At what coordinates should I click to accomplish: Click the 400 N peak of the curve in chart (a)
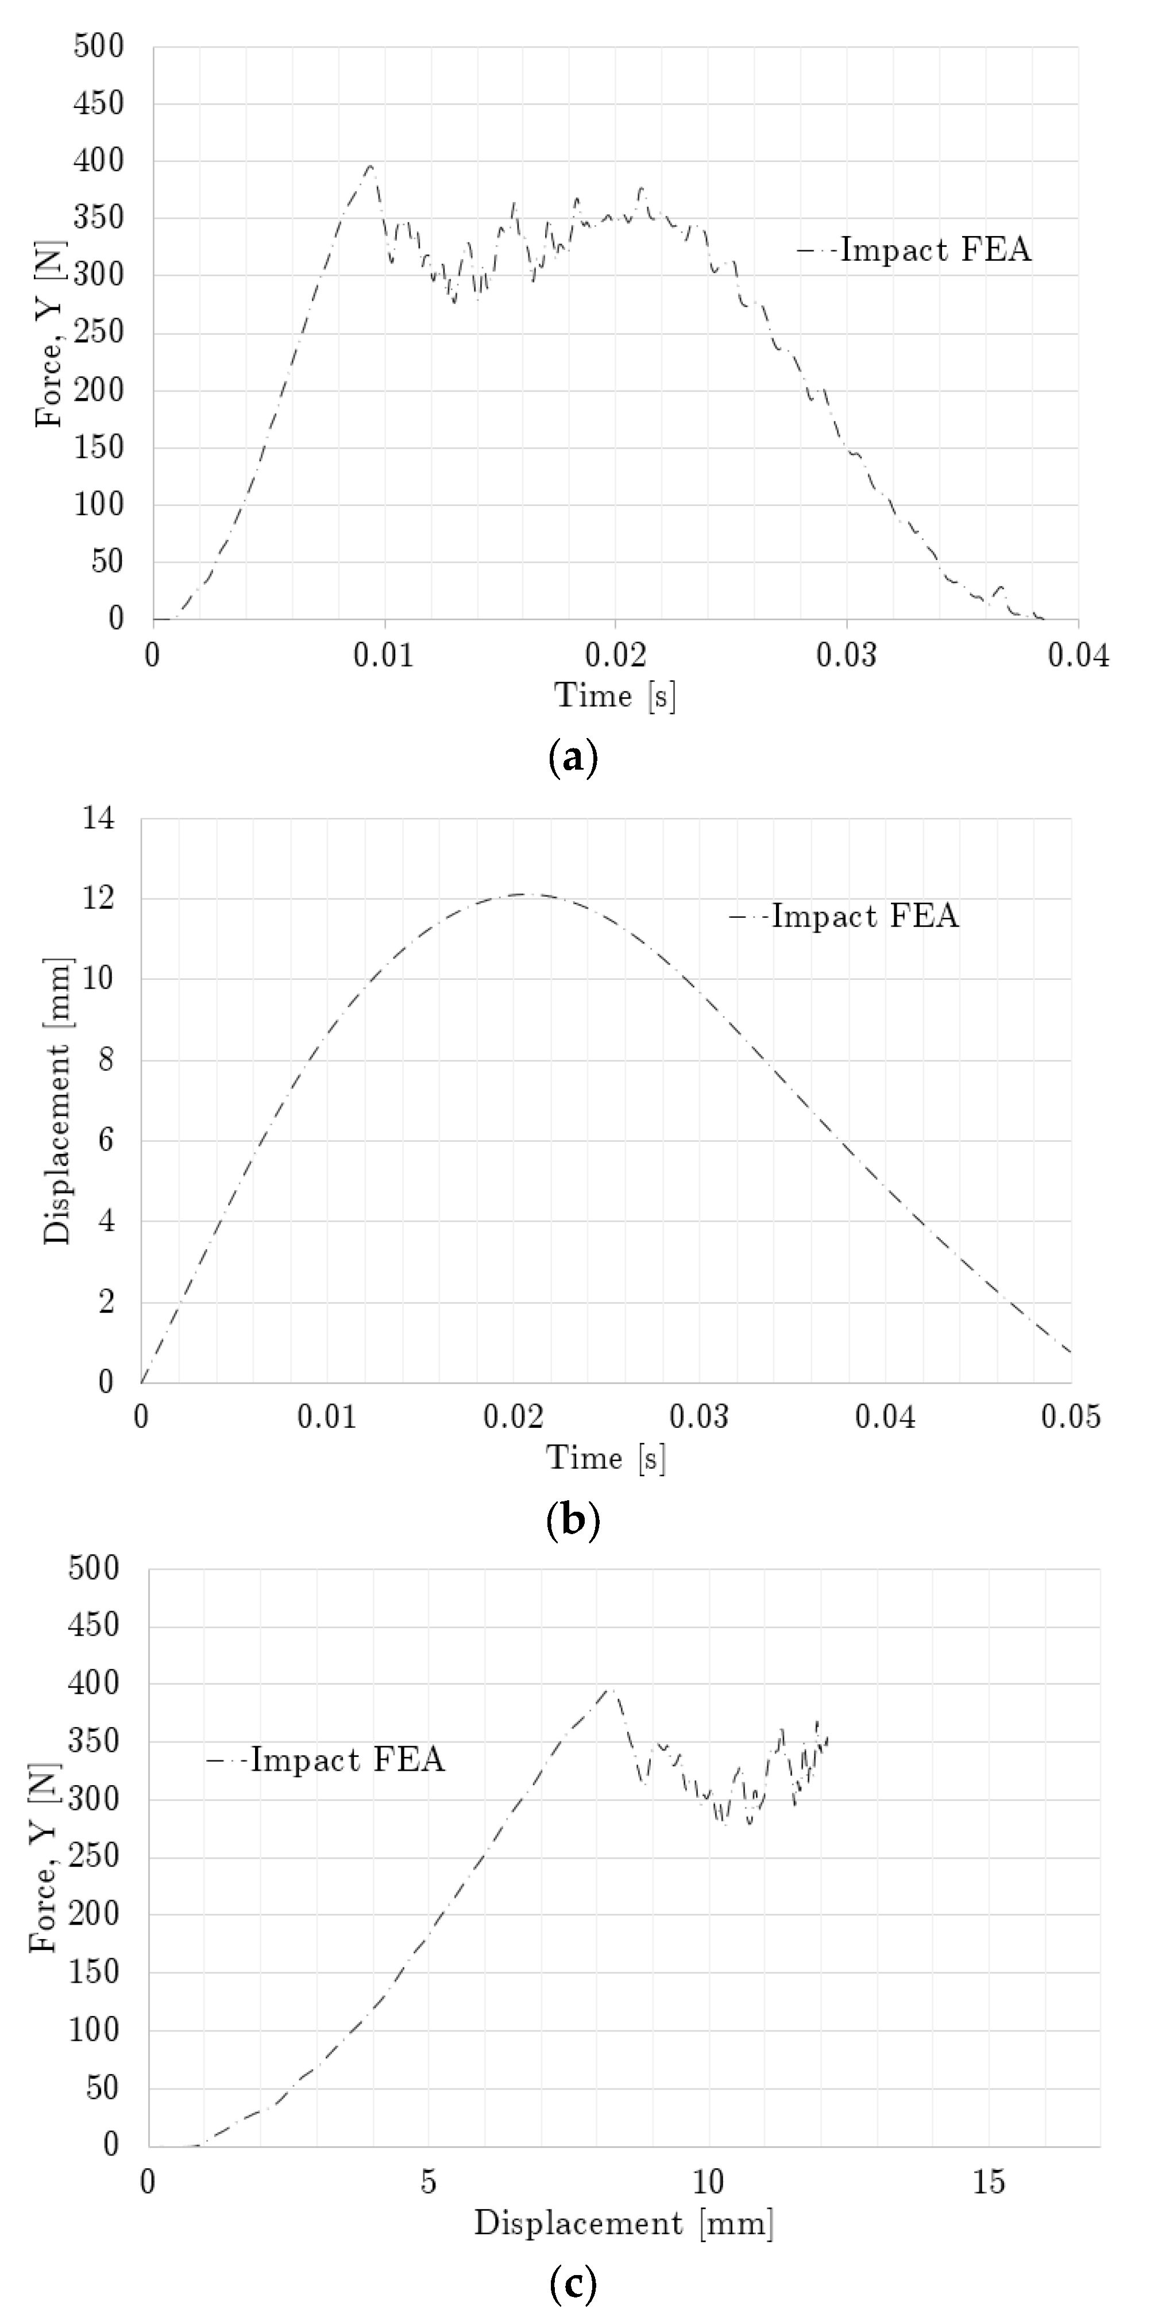point(369,166)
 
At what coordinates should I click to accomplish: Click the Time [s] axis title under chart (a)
point(615,696)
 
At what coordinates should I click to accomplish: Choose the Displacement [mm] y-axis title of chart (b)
point(57,1101)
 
